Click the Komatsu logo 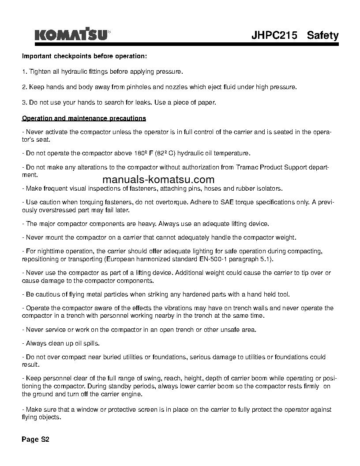(x=72, y=35)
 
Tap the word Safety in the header (x=322, y=35)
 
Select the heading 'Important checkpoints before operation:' (x=84, y=57)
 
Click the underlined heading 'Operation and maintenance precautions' (x=84, y=118)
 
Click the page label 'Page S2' (x=36, y=440)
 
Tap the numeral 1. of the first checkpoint (x=24, y=71)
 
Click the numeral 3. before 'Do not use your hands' (x=24, y=102)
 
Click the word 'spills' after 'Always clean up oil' (x=90, y=343)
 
